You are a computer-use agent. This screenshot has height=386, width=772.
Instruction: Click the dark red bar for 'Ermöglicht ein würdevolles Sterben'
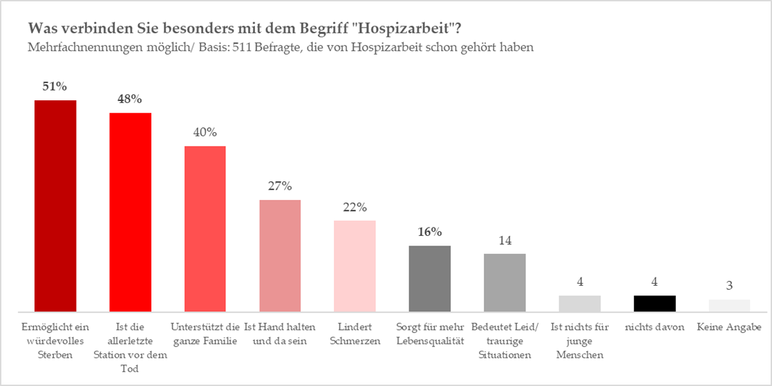pyautogui.click(x=56, y=206)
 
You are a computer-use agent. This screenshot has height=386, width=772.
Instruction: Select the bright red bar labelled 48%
pyautogui.click(x=131, y=212)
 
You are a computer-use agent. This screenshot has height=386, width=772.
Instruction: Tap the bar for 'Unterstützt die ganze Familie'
pyautogui.click(x=205, y=229)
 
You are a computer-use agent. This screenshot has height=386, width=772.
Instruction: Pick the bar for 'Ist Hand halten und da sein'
pyautogui.click(x=280, y=256)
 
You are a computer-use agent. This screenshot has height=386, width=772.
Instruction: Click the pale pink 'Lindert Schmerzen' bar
pyautogui.click(x=355, y=266)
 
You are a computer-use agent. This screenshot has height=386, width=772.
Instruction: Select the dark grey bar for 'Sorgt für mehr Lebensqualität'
pyautogui.click(x=430, y=279)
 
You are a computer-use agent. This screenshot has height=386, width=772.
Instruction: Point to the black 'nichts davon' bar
pyautogui.click(x=655, y=304)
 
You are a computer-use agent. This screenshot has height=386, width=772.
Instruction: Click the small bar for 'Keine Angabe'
pyautogui.click(x=729, y=306)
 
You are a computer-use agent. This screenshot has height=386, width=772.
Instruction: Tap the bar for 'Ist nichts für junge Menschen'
pyautogui.click(x=579, y=304)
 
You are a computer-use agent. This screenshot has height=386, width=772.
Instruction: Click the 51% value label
pyautogui.click(x=55, y=86)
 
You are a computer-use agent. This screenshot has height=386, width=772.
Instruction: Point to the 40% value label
pyautogui.click(x=205, y=132)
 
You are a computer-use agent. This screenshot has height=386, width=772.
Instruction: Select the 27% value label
pyautogui.click(x=280, y=186)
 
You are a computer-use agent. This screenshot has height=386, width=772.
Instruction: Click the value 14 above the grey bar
pyautogui.click(x=505, y=240)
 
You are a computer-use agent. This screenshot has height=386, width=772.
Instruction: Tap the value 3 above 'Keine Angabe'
pyautogui.click(x=729, y=285)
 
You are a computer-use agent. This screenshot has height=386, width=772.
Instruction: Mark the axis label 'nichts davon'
pyautogui.click(x=655, y=327)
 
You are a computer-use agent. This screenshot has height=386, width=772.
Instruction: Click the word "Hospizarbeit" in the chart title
pyautogui.click(x=399, y=29)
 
